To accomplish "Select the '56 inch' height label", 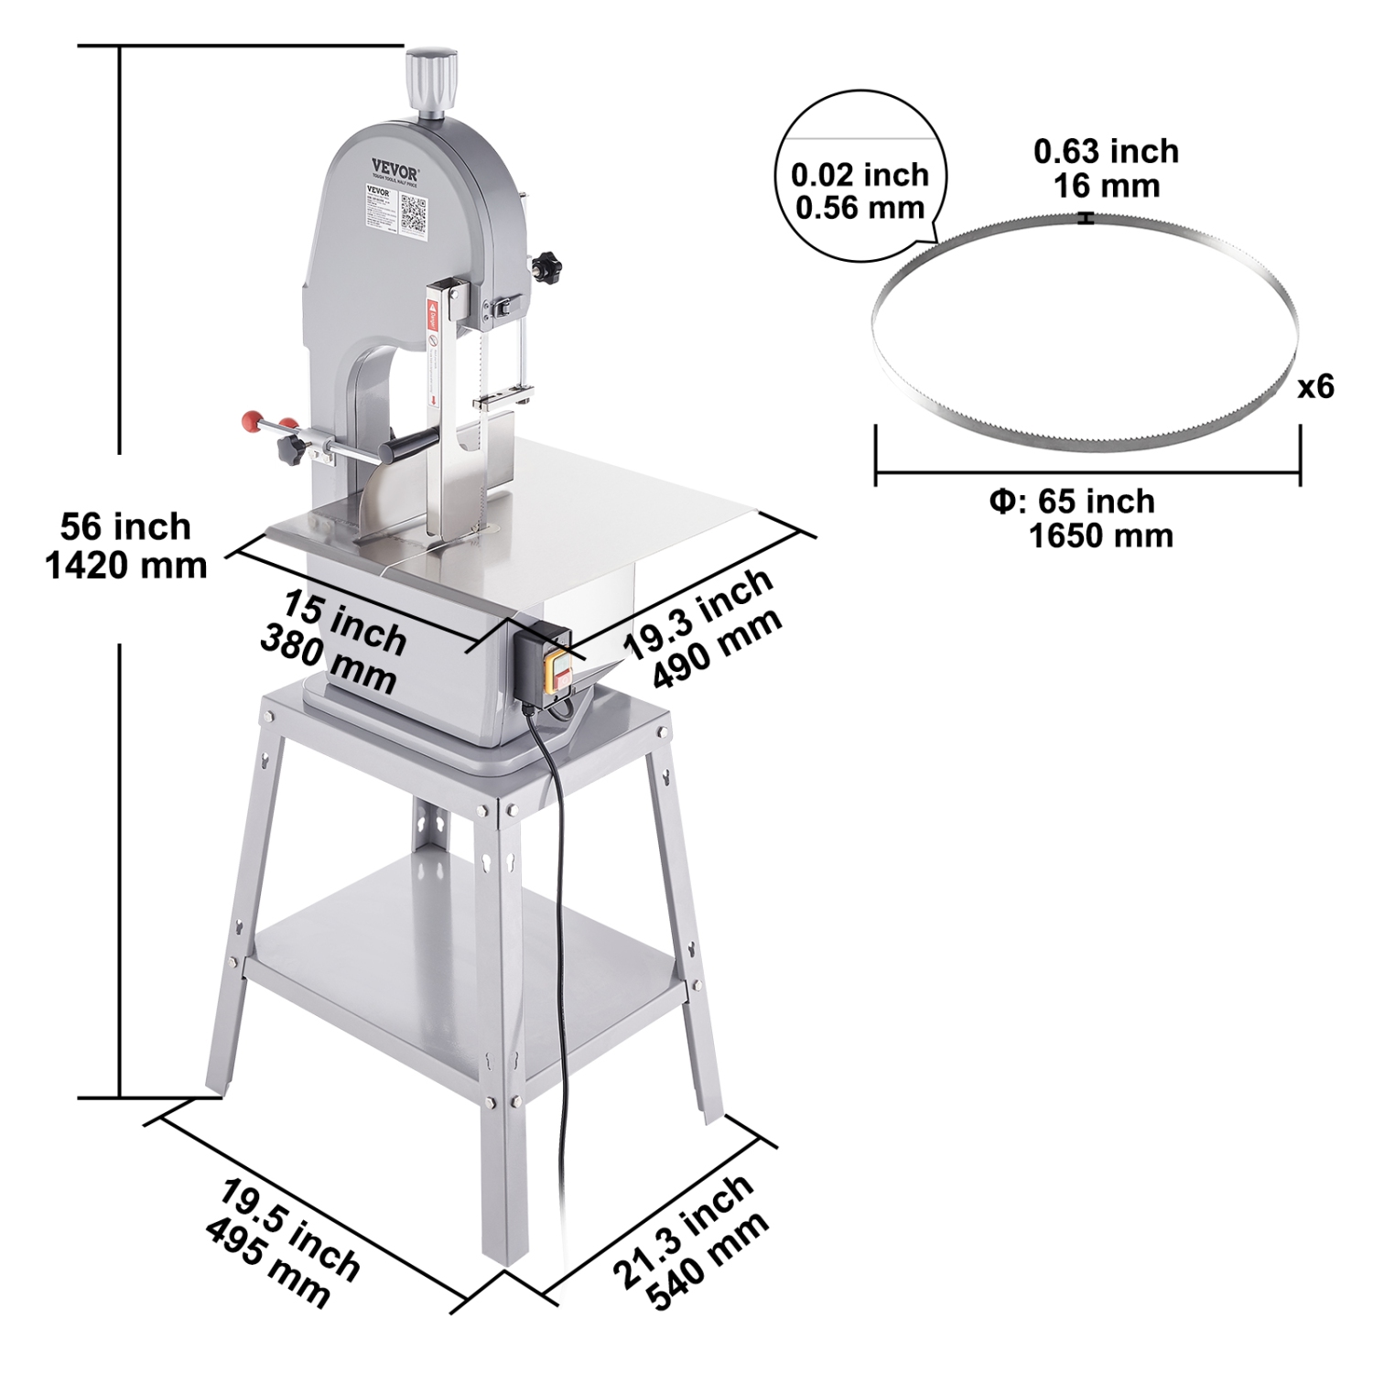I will (126, 527).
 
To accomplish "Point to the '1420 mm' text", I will (126, 566).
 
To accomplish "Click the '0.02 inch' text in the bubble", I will (859, 174).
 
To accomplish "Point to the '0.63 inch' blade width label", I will (1106, 151).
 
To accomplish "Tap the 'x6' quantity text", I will (1315, 387).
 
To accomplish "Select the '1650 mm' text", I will (1101, 535).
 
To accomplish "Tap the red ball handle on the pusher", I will (248, 422).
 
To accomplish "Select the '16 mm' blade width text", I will (1106, 186).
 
